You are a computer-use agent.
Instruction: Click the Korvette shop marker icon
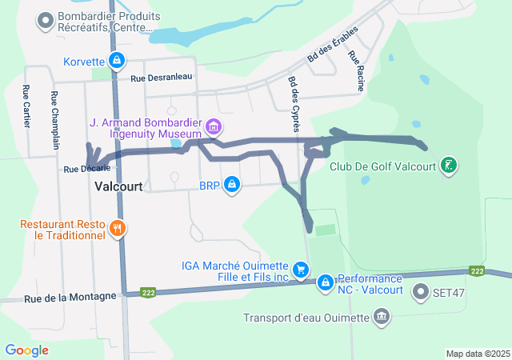pos(117,61)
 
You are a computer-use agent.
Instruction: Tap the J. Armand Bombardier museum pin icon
pos(213,126)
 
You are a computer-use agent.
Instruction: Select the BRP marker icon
pos(232,185)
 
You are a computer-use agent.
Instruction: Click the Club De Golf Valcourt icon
pos(450,166)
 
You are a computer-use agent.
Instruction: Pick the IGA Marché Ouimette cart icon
pos(300,270)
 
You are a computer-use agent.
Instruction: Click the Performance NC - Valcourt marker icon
pos(326,282)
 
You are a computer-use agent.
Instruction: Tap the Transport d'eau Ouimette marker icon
pos(381,317)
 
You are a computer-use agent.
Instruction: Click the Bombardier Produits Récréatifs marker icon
pos(46,18)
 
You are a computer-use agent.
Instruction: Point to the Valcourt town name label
pos(118,186)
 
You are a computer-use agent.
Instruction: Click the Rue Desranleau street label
pos(162,78)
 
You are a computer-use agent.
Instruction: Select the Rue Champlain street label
pos(54,120)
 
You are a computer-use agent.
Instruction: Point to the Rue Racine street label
pos(356,70)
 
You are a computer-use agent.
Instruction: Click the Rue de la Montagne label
pos(62,298)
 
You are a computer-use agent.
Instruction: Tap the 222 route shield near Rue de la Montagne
pos(148,292)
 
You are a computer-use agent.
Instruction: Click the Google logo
pos(27,350)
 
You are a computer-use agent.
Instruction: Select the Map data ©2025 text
pos(478,354)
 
